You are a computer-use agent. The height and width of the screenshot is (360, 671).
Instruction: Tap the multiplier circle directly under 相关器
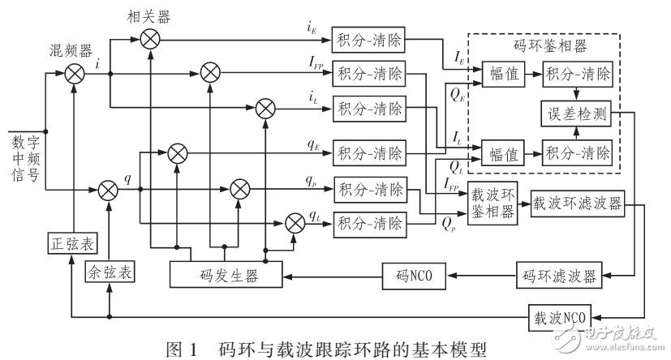click(x=151, y=37)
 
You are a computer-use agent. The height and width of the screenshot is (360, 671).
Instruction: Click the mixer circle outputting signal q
click(x=108, y=190)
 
